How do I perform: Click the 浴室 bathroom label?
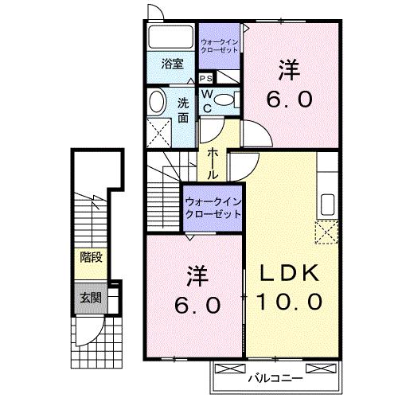point(173,64)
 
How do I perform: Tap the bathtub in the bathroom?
point(170,37)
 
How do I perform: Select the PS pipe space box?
point(206,78)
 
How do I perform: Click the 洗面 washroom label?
point(183,111)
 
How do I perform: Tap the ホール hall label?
point(213,163)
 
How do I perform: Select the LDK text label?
point(290,273)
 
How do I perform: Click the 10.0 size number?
point(290,302)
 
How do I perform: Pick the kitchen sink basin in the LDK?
point(327,205)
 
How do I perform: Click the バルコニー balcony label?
point(275,378)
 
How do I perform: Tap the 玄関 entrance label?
point(91,298)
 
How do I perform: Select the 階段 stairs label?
point(91,257)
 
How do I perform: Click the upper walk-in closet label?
point(219,46)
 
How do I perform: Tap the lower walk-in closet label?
point(213,208)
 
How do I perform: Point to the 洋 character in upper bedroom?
point(289,70)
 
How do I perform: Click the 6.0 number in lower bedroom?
point(197,305)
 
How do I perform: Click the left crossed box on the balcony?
point(228,369)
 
